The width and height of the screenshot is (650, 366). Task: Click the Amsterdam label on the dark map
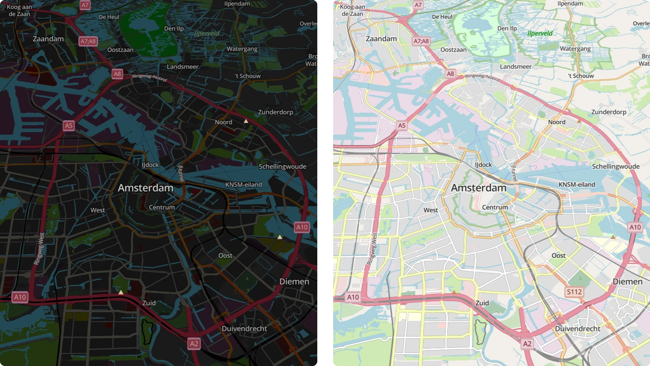145,188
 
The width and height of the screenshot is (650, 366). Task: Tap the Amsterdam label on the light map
479,188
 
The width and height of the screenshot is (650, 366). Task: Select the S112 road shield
574,292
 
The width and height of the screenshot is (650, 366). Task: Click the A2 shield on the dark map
194,344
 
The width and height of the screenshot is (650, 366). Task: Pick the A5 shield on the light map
401,126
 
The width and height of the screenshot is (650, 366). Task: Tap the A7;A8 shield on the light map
421,41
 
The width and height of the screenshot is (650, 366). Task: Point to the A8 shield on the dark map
117,74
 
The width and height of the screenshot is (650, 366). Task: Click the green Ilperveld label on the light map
540,33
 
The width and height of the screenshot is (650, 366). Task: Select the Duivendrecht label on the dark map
244,329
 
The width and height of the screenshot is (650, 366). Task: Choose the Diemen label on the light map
627,281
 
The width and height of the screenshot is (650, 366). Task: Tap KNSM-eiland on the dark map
243,185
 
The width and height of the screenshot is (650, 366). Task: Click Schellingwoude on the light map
615,166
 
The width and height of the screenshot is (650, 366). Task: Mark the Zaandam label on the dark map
48,39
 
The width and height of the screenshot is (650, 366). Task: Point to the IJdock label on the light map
483,165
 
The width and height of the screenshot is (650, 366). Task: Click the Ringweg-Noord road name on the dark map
149,77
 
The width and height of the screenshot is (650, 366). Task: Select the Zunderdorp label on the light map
609,112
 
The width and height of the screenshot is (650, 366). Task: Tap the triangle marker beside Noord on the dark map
246,121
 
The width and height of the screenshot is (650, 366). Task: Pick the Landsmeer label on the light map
516,67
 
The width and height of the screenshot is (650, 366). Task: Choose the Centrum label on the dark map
162,207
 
